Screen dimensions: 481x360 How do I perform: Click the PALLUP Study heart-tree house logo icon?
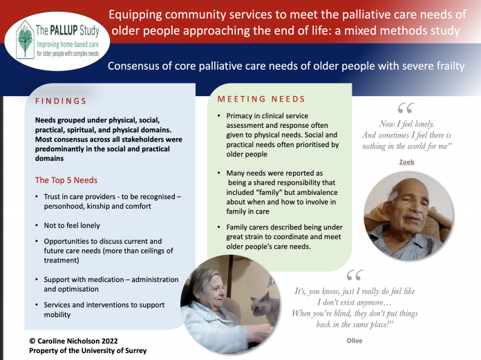click(x=25, y=39)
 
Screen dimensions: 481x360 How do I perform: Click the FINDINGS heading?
click(x=61, y=101)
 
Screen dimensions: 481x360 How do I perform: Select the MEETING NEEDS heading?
click(x=261, y=99)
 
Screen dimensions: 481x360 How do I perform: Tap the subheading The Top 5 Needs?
click(x=66, y=180)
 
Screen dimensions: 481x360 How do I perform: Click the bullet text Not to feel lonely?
click(x=72, y=225)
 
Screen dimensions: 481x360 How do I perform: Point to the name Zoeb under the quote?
click(x=406, y=162)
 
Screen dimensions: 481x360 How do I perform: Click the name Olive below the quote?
click(x=355, y=341)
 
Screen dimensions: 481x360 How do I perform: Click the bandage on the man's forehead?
click(x=393, y=196)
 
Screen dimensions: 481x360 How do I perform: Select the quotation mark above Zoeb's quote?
click(x=406, y=108)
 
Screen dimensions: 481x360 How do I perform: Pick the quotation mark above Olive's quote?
click(x=355, y=275)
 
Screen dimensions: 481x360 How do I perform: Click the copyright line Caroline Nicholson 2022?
click(x=74, y=341)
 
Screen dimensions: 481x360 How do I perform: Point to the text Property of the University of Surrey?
click(x=88, y=350)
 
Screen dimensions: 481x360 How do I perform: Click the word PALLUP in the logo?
click(x=64, y=30)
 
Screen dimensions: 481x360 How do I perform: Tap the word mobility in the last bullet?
click(x=57, y=314)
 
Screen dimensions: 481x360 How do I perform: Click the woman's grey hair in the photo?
click(x=203, y=278)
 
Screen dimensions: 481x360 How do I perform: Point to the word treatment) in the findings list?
click(x=62, y=260)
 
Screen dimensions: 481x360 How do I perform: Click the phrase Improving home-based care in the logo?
click(x=68, y=44)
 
